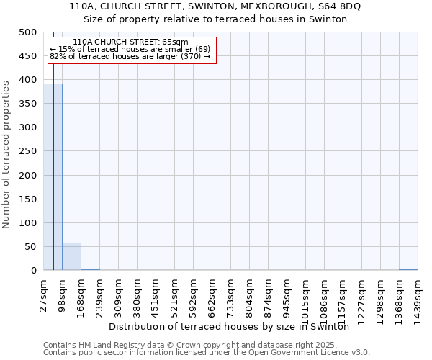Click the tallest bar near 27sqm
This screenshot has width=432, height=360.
pyautogui.click(x=53, y=176)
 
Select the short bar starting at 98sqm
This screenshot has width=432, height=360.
pyautogui.click(x=71, y=256)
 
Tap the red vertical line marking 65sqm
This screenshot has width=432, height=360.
pyautogui.click(x=54, y=180)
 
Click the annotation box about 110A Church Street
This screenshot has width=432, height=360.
pyautogui.click(x=130, y=50)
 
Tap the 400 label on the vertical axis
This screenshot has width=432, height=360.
pyautogui.click(x=28, y=80)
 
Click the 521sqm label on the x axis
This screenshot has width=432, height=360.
pyautogui.click(x=175, y=296)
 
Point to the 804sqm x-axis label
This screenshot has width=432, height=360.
pyautogui.click(x=250, y=296)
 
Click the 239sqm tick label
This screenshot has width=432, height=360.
pyautogui.click(x=100, y=296)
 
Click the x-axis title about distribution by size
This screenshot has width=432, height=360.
pyautogui.click(x=234, y=327)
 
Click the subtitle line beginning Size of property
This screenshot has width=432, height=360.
pyautogui.click(x=215, y=19)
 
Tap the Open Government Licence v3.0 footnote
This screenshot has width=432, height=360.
pyautogui.click(x=207, y=353)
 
